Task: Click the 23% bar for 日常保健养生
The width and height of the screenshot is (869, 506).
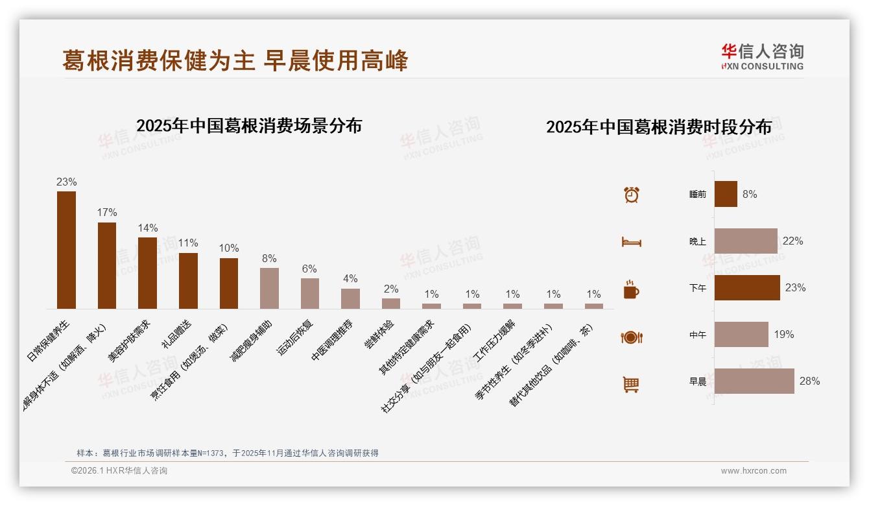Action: [x=66, y=250]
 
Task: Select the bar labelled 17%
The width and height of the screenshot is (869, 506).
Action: [x=107, y=265]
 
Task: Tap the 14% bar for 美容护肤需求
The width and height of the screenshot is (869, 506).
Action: [x=147, y=273]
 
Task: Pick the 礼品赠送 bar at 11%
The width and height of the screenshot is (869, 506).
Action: [x=188, y=281]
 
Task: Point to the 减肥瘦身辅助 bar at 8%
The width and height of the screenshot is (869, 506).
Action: [x=269, y=288]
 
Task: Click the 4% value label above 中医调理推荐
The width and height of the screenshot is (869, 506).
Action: [x=350, y=279]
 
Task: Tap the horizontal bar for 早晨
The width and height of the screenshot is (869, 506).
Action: [x=754, y=381]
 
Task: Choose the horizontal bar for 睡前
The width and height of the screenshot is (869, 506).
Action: [x=726, y=194]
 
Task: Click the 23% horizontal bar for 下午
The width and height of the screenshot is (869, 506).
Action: [x=747, y=287]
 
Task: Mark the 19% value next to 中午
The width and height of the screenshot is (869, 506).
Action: [x=783, y=335]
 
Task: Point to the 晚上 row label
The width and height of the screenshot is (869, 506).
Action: [x=698, y=241]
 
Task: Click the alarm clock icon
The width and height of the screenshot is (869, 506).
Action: [x=632, y=195]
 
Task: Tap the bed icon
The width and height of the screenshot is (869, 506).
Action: [x=632, y=242]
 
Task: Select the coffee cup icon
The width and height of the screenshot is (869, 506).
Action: [x=631, y=289]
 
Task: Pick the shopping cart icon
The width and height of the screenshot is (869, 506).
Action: [x=631, y=384]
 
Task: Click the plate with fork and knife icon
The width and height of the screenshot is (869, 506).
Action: [x=632, y=337]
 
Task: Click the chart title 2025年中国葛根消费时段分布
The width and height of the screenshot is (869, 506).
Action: [x=658, y=127]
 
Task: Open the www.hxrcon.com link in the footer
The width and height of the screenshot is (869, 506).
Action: [x=754, y=471]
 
